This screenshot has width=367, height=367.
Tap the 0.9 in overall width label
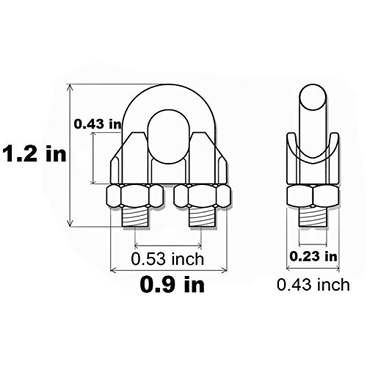pos(173,284)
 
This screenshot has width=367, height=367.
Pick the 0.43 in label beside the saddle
pos(97,124)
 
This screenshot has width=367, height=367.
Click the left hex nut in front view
pos(135,197)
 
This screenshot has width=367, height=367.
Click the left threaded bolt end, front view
pos(136,219)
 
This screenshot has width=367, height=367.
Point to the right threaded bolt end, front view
pos(203,219)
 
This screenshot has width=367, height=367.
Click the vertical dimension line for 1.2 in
pos(70,154)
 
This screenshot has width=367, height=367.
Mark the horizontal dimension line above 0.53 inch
pos(169,245)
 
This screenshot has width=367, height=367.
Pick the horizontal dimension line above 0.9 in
pos(169,270)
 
